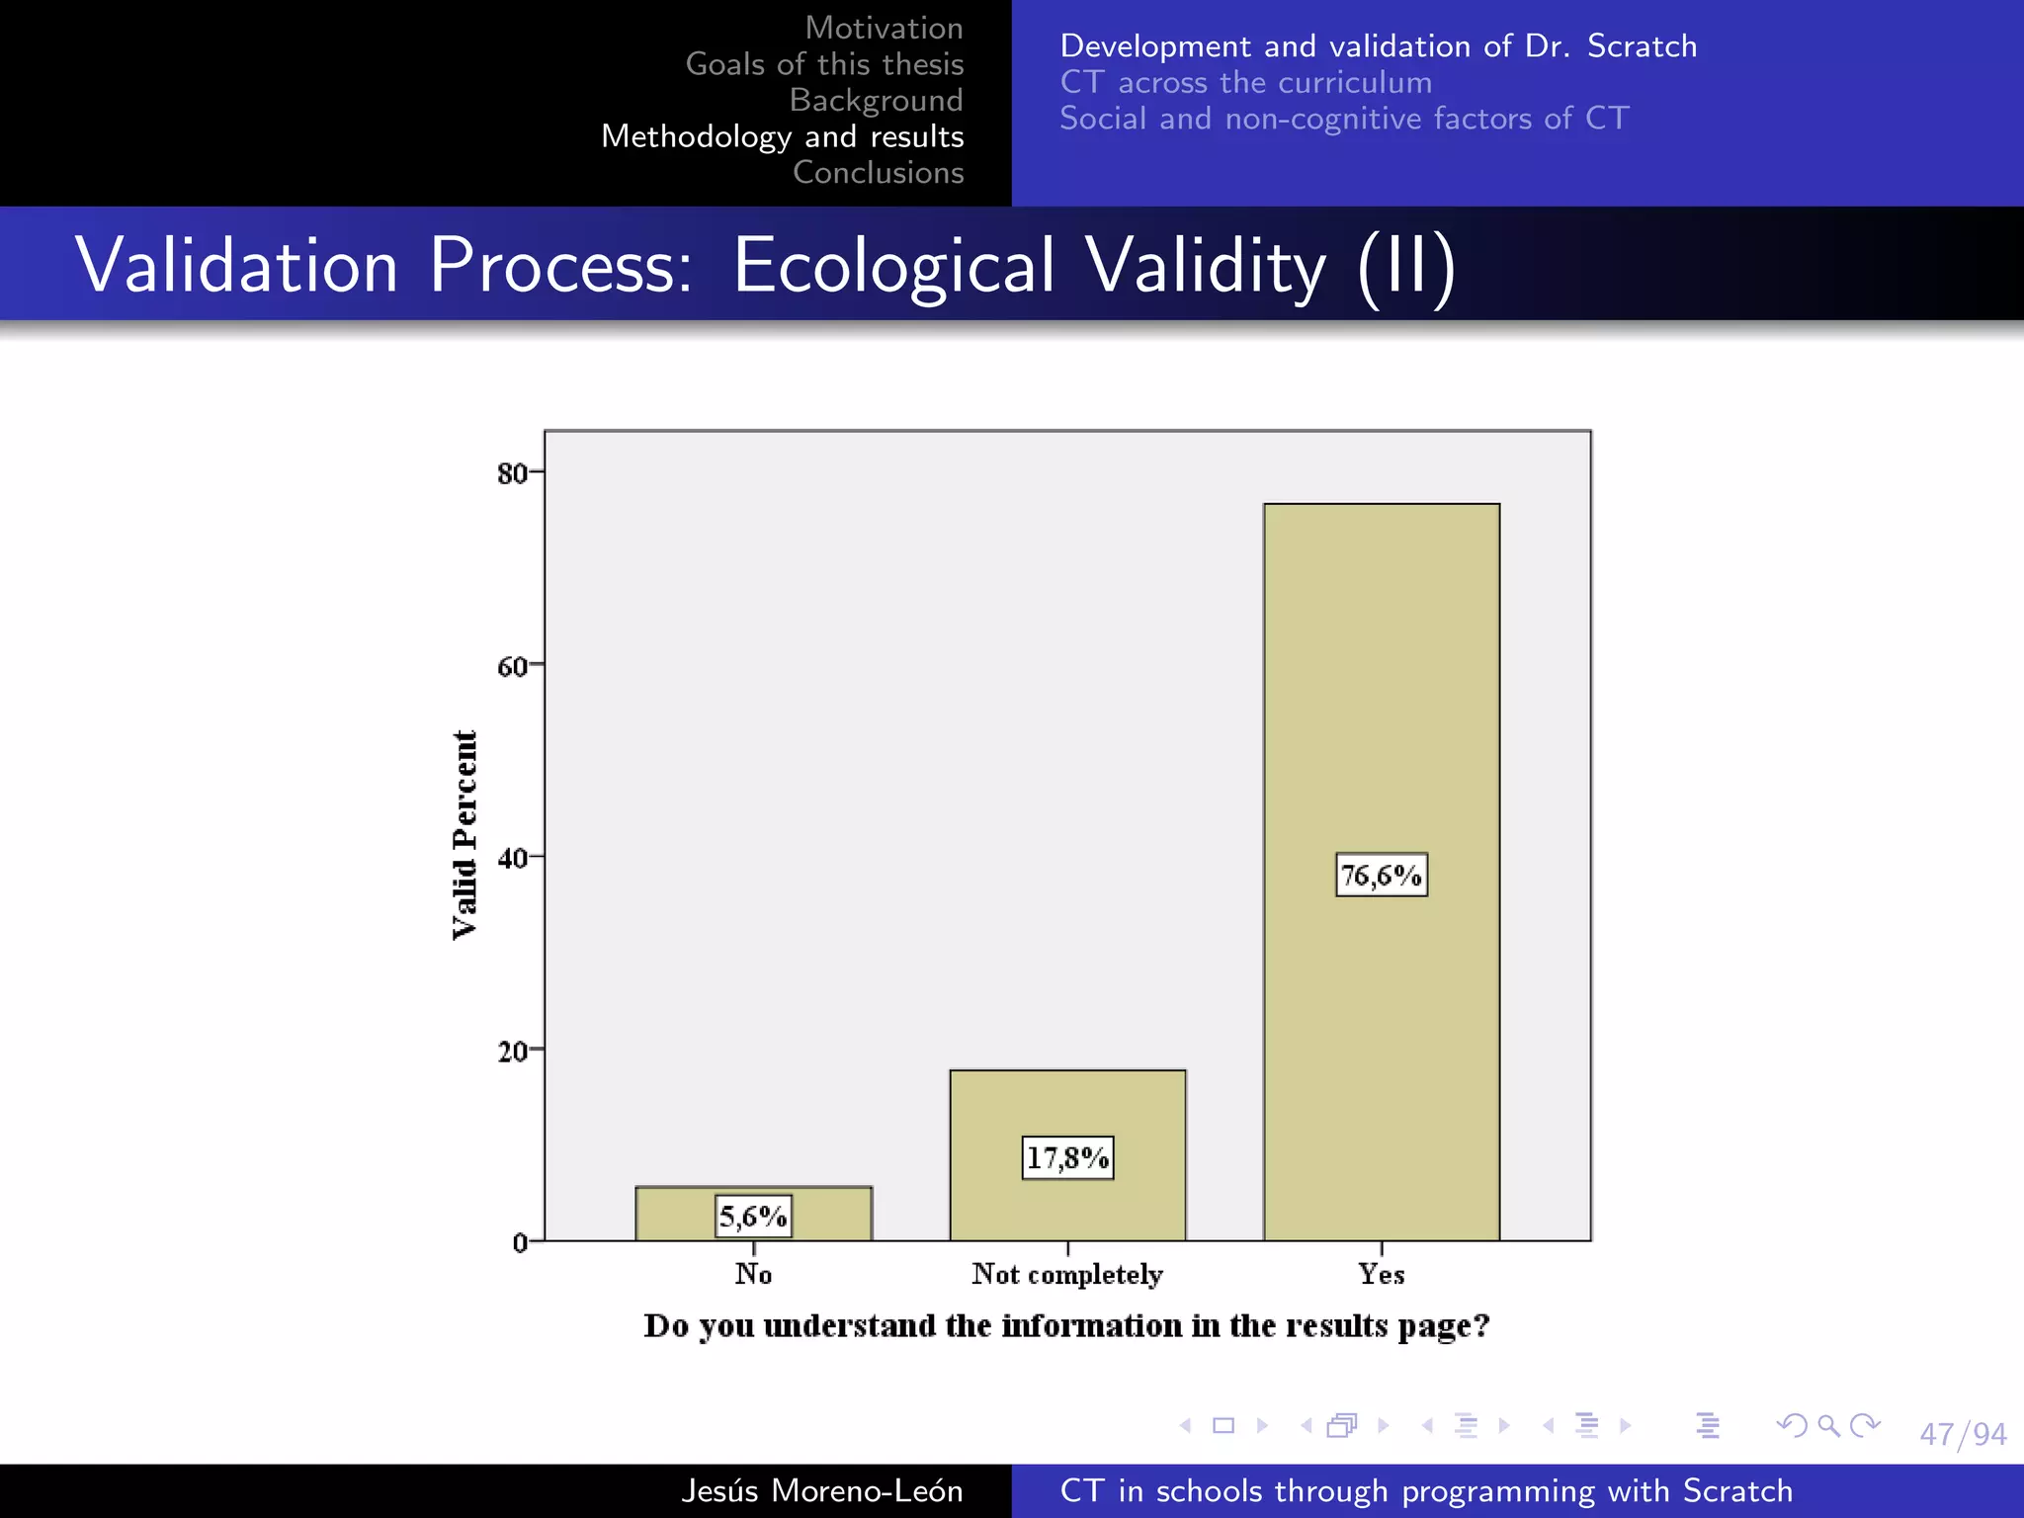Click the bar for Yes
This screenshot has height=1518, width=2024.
1382,692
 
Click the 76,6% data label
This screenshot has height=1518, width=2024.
1382,875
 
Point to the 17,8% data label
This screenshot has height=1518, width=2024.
1067,1157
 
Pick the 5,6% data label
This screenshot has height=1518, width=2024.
753,1216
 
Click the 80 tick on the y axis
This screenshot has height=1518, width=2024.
512,473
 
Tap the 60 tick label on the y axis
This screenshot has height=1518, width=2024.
512,666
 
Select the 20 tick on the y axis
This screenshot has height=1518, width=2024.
512,1051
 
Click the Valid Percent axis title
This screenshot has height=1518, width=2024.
464,835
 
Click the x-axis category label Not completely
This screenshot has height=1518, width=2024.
1067,1274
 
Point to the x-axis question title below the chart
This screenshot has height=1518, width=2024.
1066,1325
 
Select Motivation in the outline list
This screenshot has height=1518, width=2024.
884,28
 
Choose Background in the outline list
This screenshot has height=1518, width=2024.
876,100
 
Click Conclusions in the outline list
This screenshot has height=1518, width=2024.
878,172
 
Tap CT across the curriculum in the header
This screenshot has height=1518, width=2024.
1245,82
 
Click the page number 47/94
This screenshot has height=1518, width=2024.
1963,1434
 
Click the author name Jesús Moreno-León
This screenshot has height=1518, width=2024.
821,1490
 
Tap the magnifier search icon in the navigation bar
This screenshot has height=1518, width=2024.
1828,1425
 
